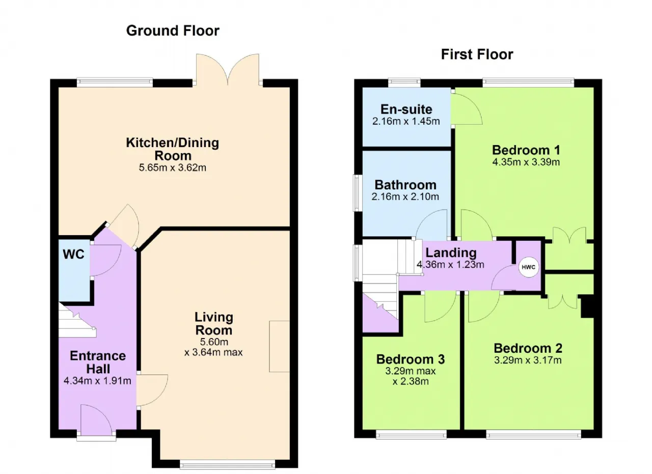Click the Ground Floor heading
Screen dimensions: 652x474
pyautogui.click(x=173, y=31)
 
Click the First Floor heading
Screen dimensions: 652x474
pyautogui.click(x=477, y=54)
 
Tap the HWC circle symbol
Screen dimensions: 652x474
pyautogui.click(x=528, y=267)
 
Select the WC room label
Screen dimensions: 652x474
pyautogui.click(x=73, y=255)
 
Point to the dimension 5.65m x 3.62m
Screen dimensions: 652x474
pyautogui.click(x=173, y=168)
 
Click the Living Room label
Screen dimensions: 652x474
pyautogui.click(x=214, y=324)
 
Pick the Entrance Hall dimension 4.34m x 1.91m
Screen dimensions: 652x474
pyautogui.click(x=97, y=381)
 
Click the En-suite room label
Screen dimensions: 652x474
pyautogui.click(x=406, y=109)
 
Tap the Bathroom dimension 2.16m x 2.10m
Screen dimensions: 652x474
pyautogui.click(x=405, y=197)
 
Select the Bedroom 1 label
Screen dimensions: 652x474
pyautogui.click(x=526, y=150)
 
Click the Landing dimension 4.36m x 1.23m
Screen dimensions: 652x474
pyautogui.click(x=451, y=265)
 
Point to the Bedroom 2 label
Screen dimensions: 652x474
pyautogui.click(x=528, y=348)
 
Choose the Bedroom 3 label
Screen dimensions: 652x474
pyautogui.click(x=411, y=359)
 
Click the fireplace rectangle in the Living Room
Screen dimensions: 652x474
pyautogui.click(x=279, y=346)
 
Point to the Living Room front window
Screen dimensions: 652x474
pyautogui.click(x=227, y=464)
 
